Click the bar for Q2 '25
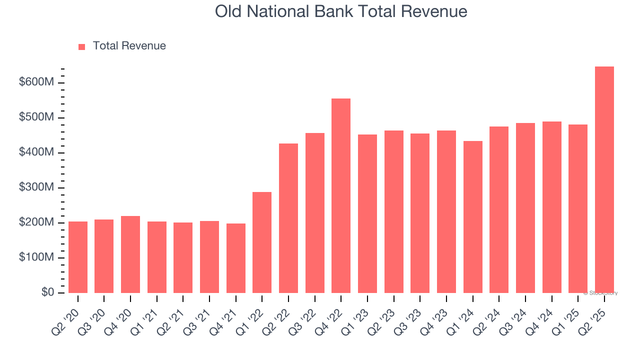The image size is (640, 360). tap(604, 180)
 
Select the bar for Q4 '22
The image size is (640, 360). tap(341, 196)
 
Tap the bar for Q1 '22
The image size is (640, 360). tap(262, 242)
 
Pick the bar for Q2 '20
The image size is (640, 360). tap(78, 257)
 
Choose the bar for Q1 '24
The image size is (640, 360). tap(472, 217)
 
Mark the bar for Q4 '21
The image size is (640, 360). tap(235, 258)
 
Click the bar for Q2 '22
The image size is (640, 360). tap(288, 218)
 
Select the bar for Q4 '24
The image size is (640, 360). tap(551, 207)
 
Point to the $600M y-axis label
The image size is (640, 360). tap(36, 82)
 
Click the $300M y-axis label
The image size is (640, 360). tap(36, 187)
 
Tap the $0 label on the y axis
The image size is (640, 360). tap(47, 292)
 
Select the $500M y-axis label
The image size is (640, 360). tap(36, 117)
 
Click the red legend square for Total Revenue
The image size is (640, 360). tap(82, 46)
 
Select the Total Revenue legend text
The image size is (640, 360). tap(129, 46)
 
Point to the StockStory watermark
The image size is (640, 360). tap(600, 293)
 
